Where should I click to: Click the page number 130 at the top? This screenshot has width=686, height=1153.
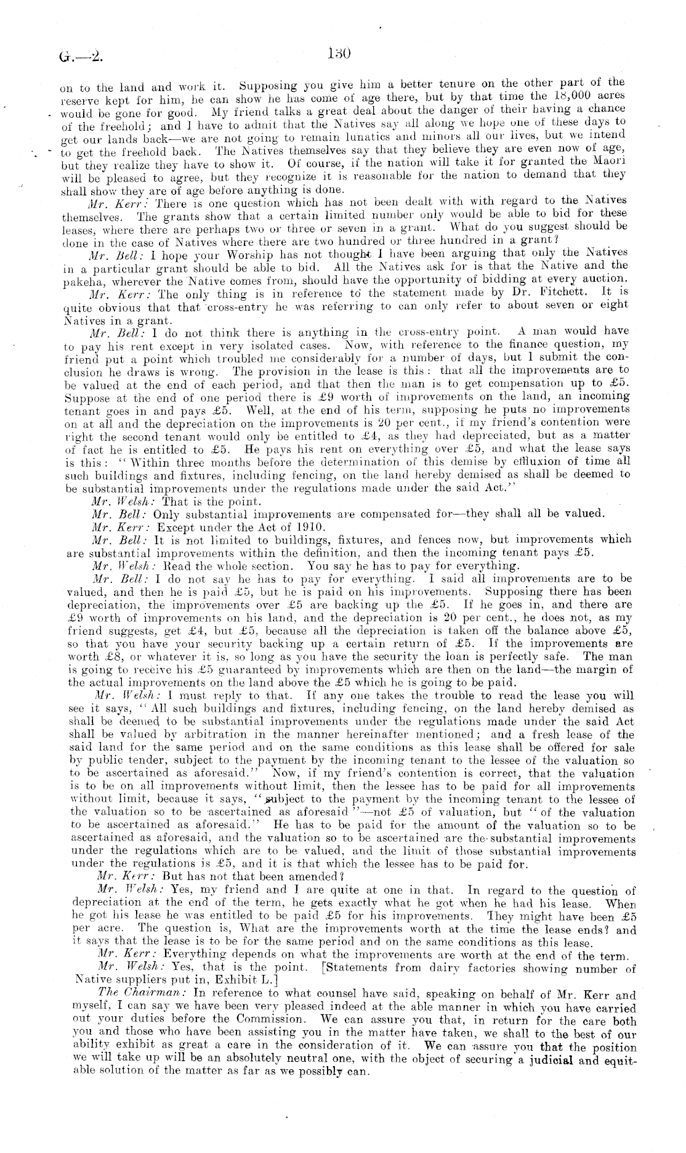coord(339,54)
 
